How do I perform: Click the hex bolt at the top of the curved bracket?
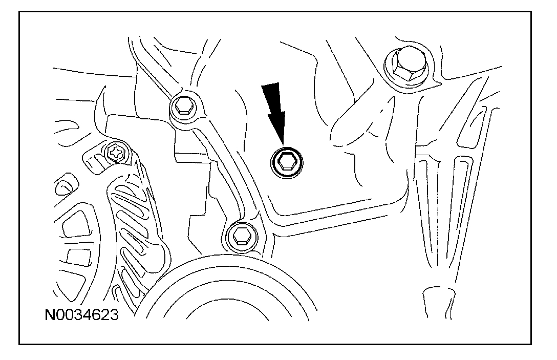coord(183,108)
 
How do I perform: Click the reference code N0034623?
coord(81,314)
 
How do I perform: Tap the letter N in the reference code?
coord(50,314)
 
